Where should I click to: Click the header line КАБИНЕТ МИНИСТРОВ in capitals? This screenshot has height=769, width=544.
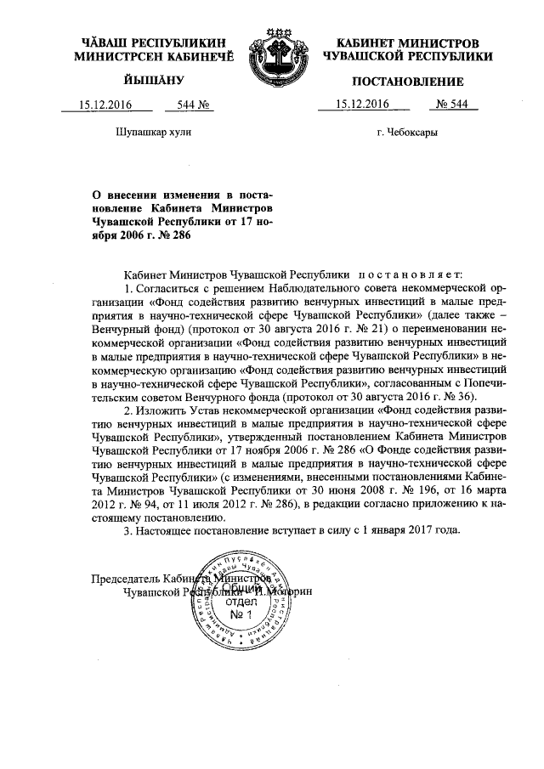tap(402, 42)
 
